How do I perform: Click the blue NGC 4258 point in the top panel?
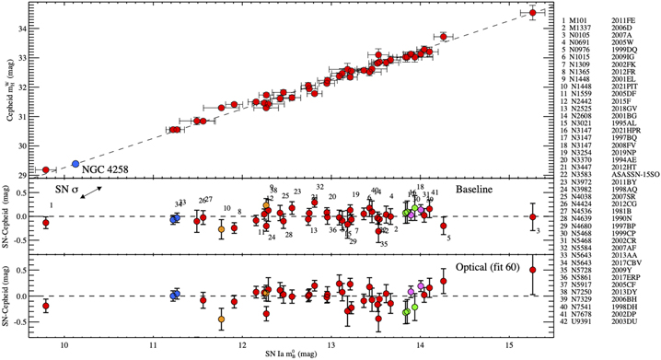(x=75, y=164)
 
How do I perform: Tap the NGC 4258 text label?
(x=114, y=168)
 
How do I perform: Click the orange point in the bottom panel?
(x=222, y=319)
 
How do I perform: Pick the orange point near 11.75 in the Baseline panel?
(x=222, y=228)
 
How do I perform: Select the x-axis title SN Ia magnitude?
(x=297, y=354)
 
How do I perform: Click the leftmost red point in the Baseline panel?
(x=46, y=223)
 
